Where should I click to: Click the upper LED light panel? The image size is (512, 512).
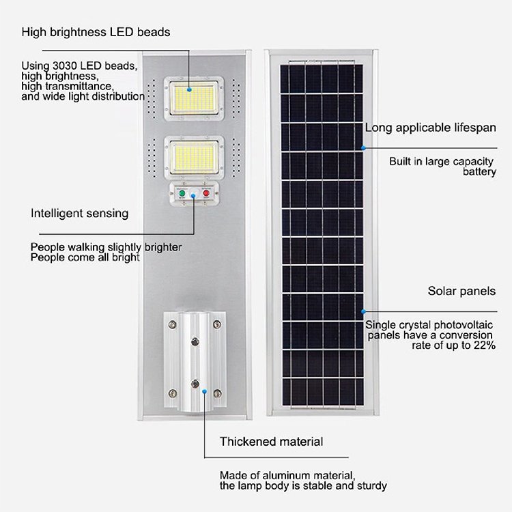(x=194, y=98)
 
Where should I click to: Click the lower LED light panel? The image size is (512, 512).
(x=194, y=158)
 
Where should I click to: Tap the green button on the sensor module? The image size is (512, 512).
(x=182, y=193)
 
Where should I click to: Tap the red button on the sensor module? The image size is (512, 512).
(x=206, y=193)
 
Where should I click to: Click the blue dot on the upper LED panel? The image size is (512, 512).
(x=189, y=89)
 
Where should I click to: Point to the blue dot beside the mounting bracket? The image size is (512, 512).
(x=204, y=391)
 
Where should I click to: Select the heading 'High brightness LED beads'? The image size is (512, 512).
(x=96, y=32)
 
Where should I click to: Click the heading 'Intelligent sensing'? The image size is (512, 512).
(x=79, y=213)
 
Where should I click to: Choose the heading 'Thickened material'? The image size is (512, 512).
(x=271, y=442)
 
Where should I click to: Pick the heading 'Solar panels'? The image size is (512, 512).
(x=461, y=291)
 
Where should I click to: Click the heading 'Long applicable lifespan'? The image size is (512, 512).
(x=430, y=128)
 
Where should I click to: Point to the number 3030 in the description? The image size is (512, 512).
(x=65, y=66)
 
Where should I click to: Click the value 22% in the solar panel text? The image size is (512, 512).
(x=485, y=345)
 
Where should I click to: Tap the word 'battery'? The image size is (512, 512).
(x=479, y=172)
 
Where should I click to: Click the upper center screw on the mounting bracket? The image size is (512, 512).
(x=195, y=342)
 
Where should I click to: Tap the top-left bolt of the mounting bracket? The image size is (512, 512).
(x=173, y=324)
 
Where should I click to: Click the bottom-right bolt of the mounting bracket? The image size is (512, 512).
(x=217, y=393)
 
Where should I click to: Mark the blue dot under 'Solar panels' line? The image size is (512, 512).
(x=363, y=311)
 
